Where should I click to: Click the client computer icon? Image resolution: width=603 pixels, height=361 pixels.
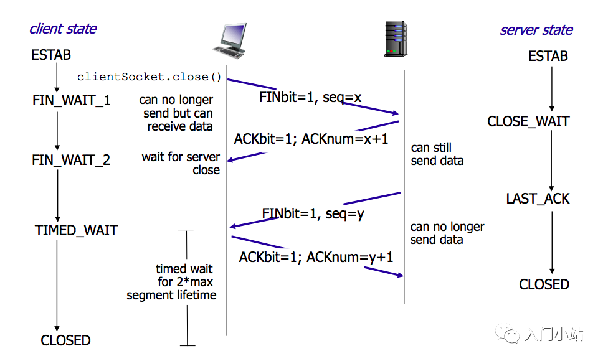click(230, 41)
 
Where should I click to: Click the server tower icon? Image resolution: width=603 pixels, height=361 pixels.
click(396, 39)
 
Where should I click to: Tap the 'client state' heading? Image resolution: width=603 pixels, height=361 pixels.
click(63, 29)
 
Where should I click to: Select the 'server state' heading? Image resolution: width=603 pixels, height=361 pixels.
click(536, 30)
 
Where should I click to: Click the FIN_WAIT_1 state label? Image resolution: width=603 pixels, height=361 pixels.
click(72, 101)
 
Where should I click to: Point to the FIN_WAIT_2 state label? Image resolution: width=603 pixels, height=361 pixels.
click(71, 160)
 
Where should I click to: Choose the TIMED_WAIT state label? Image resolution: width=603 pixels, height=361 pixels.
click(76, 230)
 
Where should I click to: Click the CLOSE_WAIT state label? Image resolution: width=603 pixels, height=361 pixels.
click(528, 122)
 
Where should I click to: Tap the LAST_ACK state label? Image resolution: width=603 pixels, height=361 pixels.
click(538, 199)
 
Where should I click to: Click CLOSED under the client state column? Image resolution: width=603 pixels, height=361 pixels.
click(66, 340)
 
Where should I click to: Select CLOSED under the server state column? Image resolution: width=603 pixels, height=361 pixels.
click(544, 284)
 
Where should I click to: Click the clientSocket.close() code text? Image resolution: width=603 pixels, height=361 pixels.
click(150, 77)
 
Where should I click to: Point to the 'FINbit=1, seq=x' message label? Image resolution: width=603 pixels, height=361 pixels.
click(310, 98)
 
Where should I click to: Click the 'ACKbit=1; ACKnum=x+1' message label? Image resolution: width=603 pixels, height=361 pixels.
click(311, 139)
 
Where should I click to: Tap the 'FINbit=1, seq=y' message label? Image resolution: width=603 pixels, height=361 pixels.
click(313, 213)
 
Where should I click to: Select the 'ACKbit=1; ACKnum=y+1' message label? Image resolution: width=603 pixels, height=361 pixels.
click(316, 257)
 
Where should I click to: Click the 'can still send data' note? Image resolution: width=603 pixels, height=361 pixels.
click(437, 154)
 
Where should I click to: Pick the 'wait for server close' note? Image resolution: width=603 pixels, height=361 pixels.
click(181, 163)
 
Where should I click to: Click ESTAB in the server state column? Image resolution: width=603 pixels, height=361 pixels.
click(548, 57)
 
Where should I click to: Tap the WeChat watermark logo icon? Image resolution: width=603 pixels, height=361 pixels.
click(507, 334)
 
